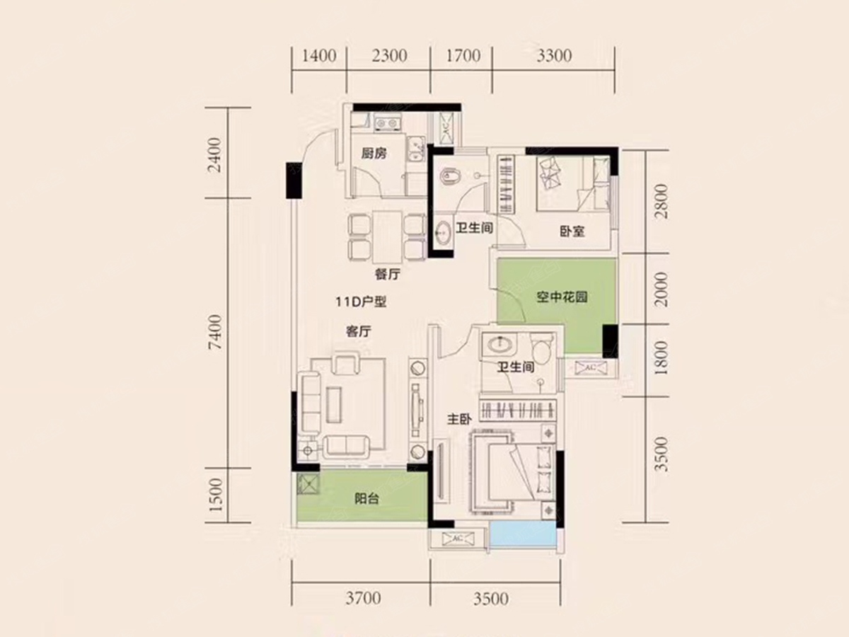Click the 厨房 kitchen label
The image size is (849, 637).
374,154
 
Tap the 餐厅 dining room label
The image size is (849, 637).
387,274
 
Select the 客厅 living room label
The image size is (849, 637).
359,331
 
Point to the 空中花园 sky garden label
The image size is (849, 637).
562,297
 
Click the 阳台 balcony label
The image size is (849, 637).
366,499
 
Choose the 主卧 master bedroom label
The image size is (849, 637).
459,419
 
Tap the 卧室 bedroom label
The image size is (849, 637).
572,231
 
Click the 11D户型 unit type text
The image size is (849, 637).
361,302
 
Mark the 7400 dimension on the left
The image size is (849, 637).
215,332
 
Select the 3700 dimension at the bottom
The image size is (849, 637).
363,598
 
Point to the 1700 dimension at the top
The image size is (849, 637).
463,56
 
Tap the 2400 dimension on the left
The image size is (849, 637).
215,155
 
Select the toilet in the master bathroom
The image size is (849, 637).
542,348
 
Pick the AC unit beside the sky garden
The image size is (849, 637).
590,367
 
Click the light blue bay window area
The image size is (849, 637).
523,534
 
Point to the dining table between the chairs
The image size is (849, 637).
388,236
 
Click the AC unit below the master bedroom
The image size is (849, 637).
458,539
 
